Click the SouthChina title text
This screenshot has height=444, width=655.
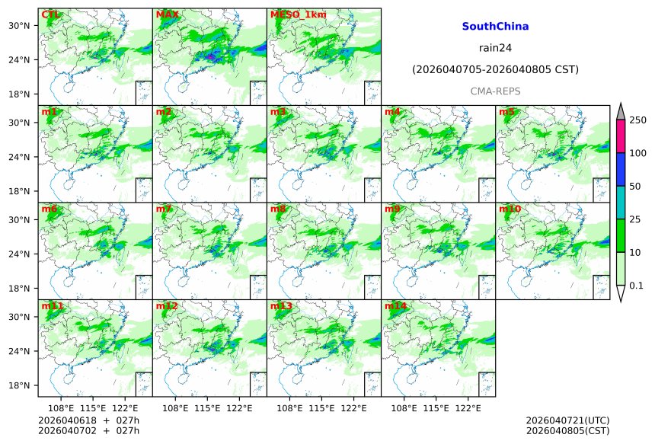495,27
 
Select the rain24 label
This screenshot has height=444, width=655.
495,48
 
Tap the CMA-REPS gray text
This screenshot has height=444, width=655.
495,91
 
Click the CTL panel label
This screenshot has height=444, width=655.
51,14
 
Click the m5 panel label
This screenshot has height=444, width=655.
506,112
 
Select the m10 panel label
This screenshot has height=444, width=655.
510,209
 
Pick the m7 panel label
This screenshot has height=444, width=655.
163,209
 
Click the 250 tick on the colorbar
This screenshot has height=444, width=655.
637,120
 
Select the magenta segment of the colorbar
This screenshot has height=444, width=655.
621,136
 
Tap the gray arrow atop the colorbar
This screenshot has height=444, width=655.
621,111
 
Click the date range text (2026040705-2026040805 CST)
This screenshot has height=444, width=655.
495,69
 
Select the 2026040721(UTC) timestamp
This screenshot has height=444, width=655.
567,420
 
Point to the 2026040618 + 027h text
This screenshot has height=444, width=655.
84,420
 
